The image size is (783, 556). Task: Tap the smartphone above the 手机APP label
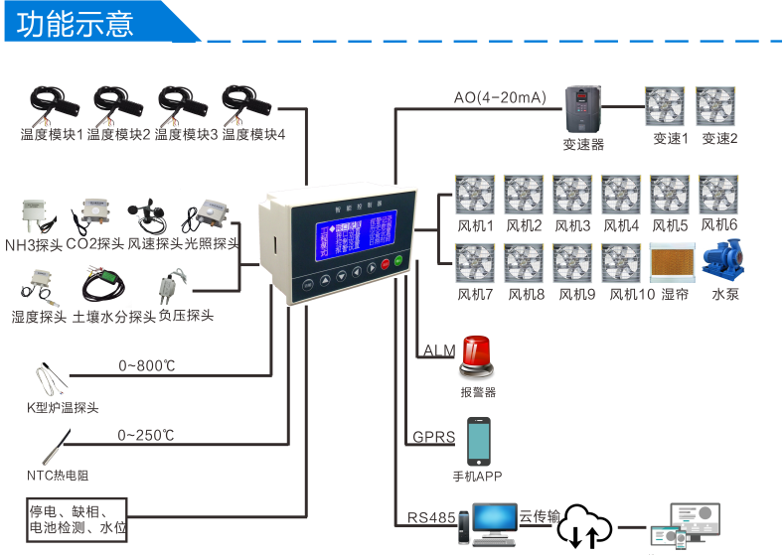pyautogui.click(x=479, y=440)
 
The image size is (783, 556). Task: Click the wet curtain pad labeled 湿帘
pyautogui.click(x=670, y=261)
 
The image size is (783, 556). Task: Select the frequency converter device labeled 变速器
pyautogui.click(x=583, y=109)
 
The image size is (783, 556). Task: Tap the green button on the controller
pyautogui.click(x=397, y=263)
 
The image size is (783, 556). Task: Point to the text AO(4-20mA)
pyautogui.click(x=500, y=97)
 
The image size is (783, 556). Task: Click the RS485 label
pyautogui.click(x=430, y=517)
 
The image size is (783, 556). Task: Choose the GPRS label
pyautogui.click(x=433, y=437)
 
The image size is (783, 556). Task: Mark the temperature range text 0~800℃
pyautogui.click(x=146, y=366)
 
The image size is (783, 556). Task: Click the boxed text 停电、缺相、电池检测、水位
pyautogui.click(x=77, y=519)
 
